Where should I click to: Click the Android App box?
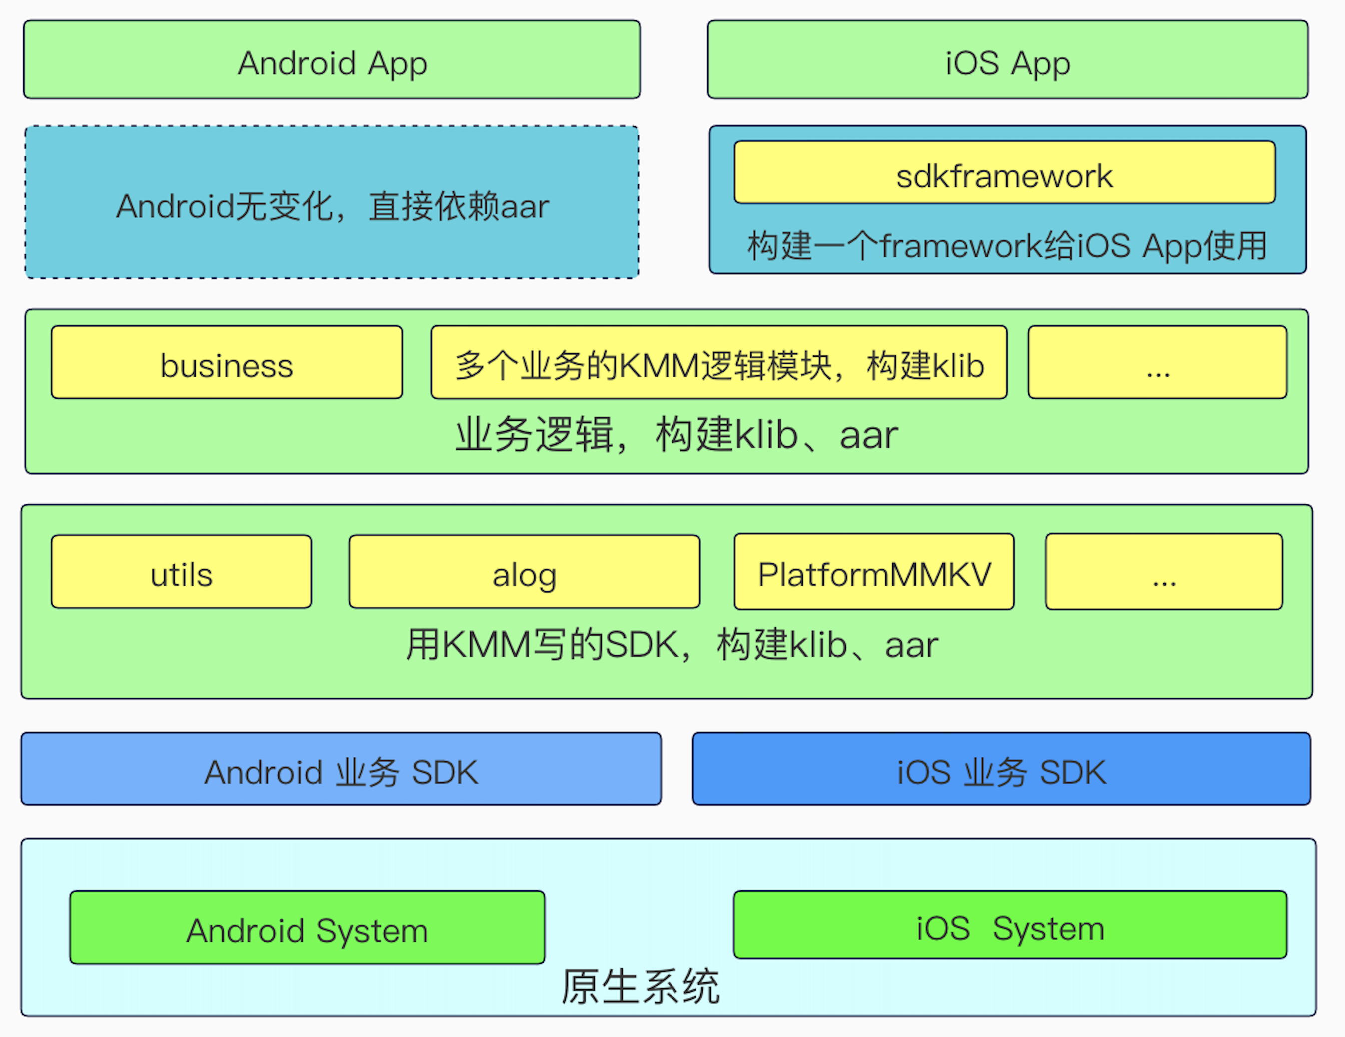pyautogui.click(x=332, y=60)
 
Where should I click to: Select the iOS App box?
pyautogui.click(x=1008, y=60)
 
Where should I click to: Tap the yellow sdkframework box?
pyautogui.click(x=1004, y=173)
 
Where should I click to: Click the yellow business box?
pyautogui.click(x=227, y=363)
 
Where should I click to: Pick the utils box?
pyautogui.click(x=182, y=572)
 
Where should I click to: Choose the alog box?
pyautogui.click(x=524, y=572)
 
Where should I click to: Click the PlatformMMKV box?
pyautogui.click(x=874, y=572)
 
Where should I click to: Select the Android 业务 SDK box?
pyautogui.click(x=341, y=769)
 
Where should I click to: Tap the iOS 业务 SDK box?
pyautogui.click(x=1001, y=769)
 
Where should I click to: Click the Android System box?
pyautogui.click(x=307, y=928)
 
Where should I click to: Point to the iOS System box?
pyautogui.click(x=1010, y=925)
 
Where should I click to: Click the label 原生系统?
pyautogui.click(x=641, y=987)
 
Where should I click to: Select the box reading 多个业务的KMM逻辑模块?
pyautogui.click(x=718, y=363)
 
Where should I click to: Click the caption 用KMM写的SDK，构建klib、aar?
pyautogui.click(x=672, y=645)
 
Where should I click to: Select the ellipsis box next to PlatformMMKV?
pyautogui.click(x=1164, y=572)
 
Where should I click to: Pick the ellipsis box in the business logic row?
pyautogui.click(x=1157, y=363)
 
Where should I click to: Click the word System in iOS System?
pyautogui.click(x=1048, y=929)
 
